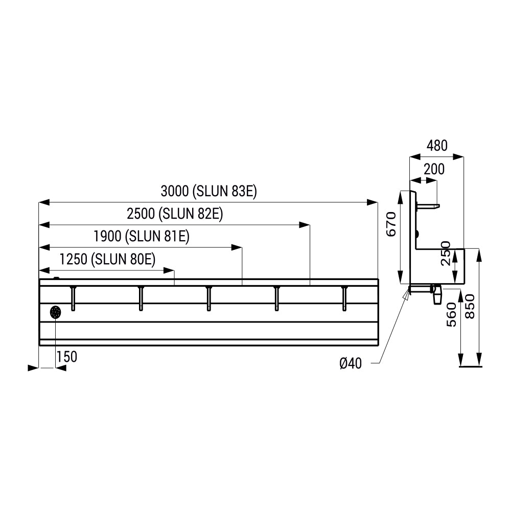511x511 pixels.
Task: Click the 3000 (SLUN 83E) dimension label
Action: [209, 191]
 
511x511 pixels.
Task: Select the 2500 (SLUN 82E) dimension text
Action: [175, 214]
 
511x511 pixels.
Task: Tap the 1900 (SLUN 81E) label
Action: [142, 236]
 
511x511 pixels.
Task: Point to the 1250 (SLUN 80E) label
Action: [107, 259]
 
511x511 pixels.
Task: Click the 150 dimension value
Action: [67, 357]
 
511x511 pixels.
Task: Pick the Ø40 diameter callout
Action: [351, 363]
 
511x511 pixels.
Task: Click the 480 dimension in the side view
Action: [437, 146]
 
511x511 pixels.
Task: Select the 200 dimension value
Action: [434, 170]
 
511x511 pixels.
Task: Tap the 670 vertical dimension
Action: [391, 224]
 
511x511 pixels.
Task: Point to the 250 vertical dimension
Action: [446, 253]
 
